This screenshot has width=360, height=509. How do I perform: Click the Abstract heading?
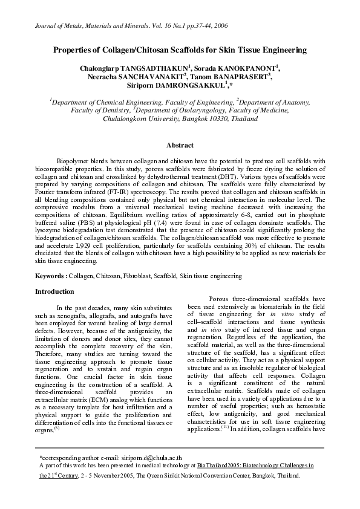click(x=180, y=145)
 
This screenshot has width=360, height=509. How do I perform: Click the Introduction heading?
click(x=54, y=291)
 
